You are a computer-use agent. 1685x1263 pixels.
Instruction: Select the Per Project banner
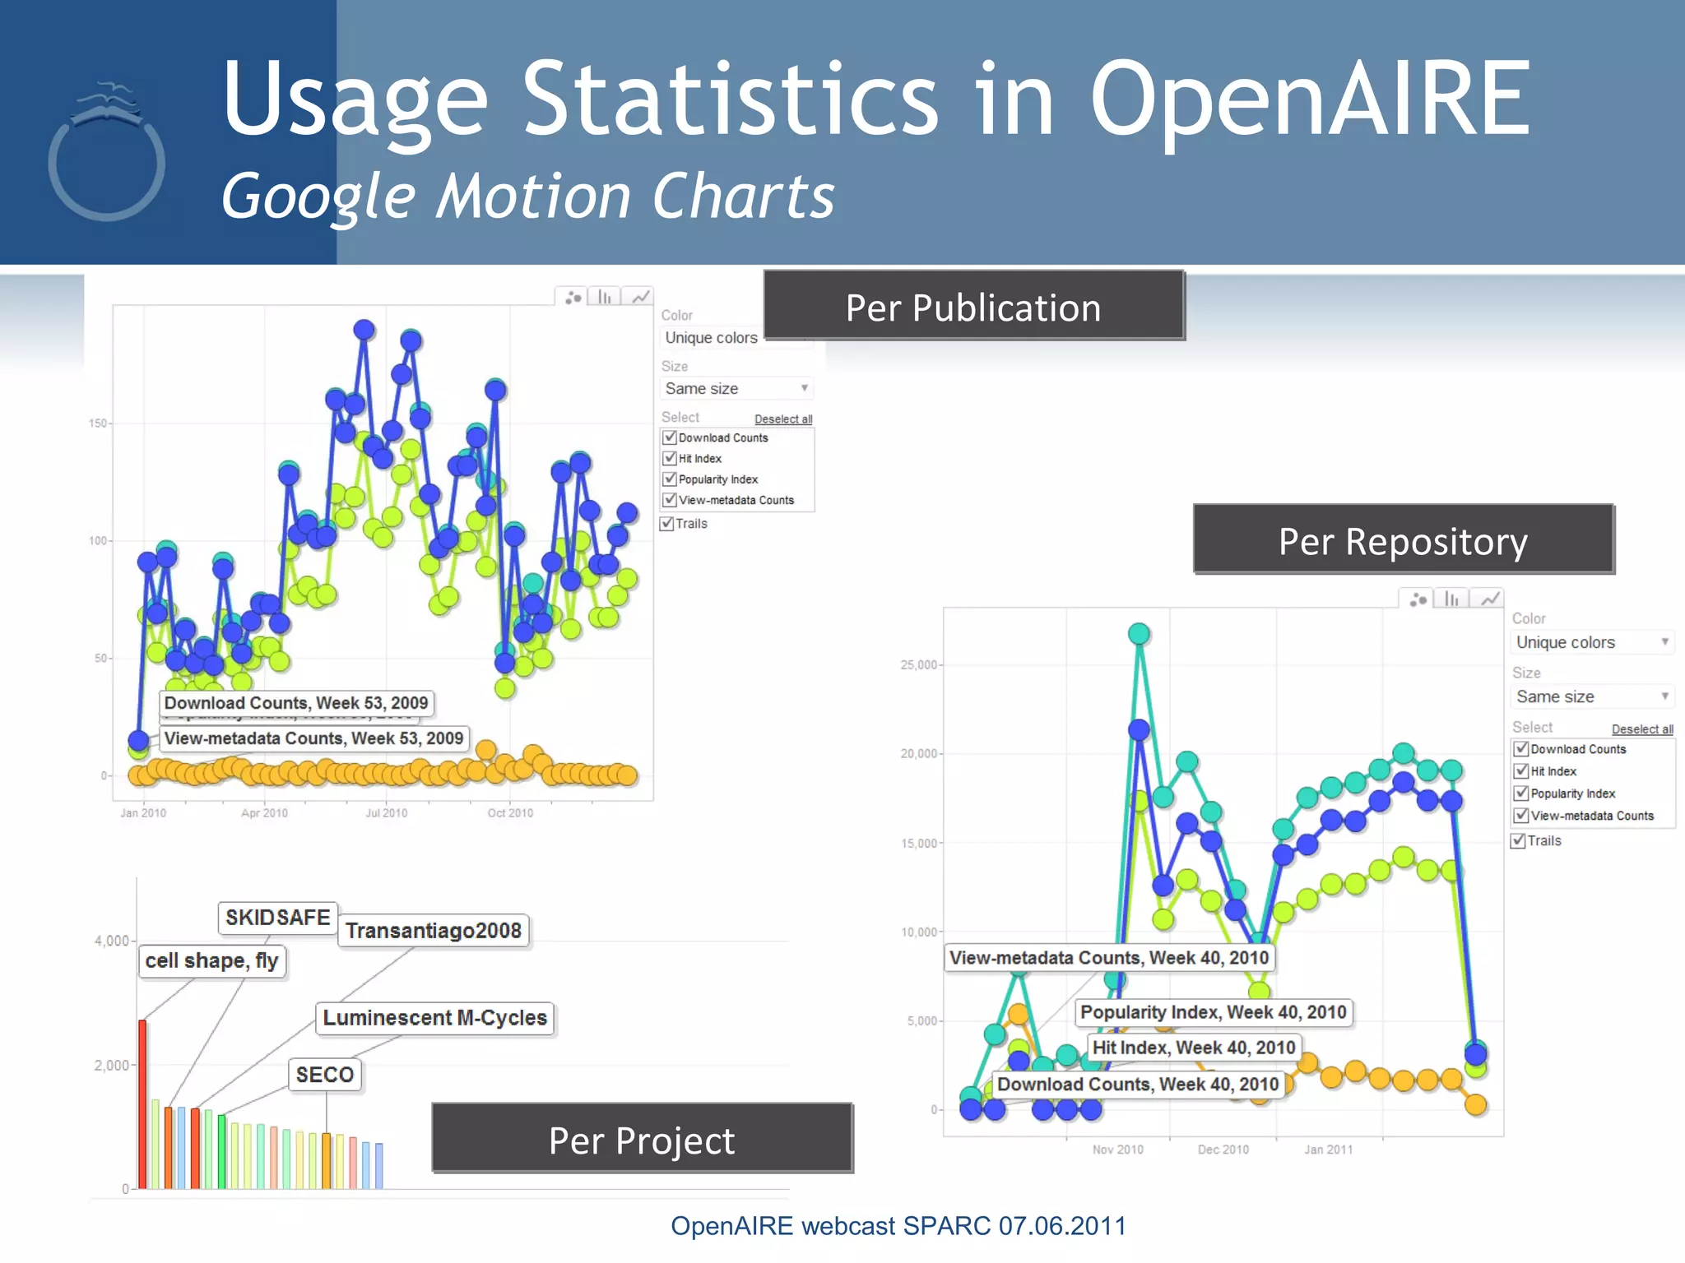(642, 1139)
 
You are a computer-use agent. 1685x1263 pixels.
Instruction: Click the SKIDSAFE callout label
(277, 917)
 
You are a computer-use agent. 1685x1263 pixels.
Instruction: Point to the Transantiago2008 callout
(433, 930)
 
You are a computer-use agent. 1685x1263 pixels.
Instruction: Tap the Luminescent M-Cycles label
(434, 1017)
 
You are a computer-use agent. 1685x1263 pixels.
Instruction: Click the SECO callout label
(324, 1074)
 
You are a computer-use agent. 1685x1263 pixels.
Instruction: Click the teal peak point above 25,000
(1139, 633)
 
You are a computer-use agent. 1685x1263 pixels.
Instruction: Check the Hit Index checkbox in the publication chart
(670, 458)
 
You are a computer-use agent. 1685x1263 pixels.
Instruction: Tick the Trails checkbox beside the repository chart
(1519, 840)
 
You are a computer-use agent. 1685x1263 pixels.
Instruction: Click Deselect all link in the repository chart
(1641, 729)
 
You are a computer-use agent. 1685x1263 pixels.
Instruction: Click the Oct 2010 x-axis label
(510, 812)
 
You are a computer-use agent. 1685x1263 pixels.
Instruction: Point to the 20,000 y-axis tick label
(918, 753)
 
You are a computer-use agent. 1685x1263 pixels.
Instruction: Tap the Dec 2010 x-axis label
(1223, 1149)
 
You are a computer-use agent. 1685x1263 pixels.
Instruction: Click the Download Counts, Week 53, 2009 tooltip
(296, 702)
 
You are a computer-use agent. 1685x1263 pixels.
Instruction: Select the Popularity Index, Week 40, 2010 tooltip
(1213, 1011)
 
